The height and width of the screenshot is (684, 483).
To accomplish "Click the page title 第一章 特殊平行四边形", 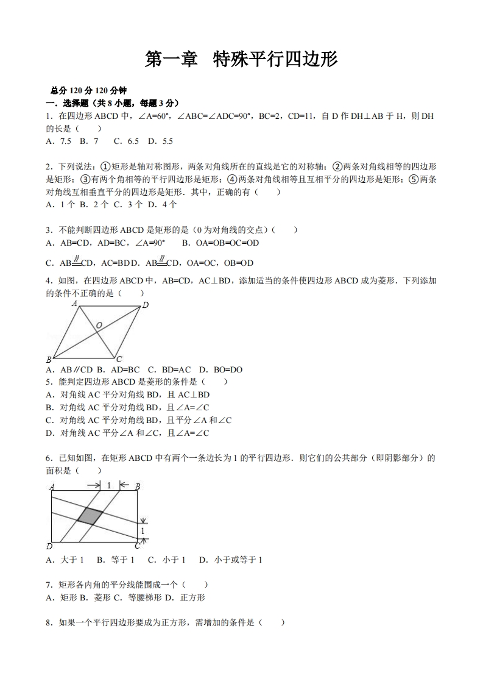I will [x=241, y=59].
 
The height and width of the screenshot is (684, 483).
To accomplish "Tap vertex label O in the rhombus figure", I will [x=99, y=326].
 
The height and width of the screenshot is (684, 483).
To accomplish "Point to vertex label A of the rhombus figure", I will [x=75, y=303].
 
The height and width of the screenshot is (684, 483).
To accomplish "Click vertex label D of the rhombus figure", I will [x=145, y=305].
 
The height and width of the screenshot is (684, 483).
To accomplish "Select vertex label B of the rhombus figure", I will [x=49, y=360].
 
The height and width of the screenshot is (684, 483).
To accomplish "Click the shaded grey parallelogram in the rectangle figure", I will [x=90, y=516].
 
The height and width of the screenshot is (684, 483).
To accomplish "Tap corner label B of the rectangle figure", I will [x=138, y=486].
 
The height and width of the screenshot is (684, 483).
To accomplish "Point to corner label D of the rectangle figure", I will [x=49, y=546].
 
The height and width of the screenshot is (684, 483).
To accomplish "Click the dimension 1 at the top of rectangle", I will [x=108, y=485].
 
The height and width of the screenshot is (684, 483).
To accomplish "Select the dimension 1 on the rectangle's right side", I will [x=143, y=531].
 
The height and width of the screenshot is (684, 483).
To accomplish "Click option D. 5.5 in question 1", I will [x=160, y=141].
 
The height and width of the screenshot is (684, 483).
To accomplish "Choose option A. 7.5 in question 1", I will [x=58, y=141].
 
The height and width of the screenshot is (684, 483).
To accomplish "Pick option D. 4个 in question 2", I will [x=163, y=204].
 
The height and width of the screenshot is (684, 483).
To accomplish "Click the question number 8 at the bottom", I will [x=49, y=623].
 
